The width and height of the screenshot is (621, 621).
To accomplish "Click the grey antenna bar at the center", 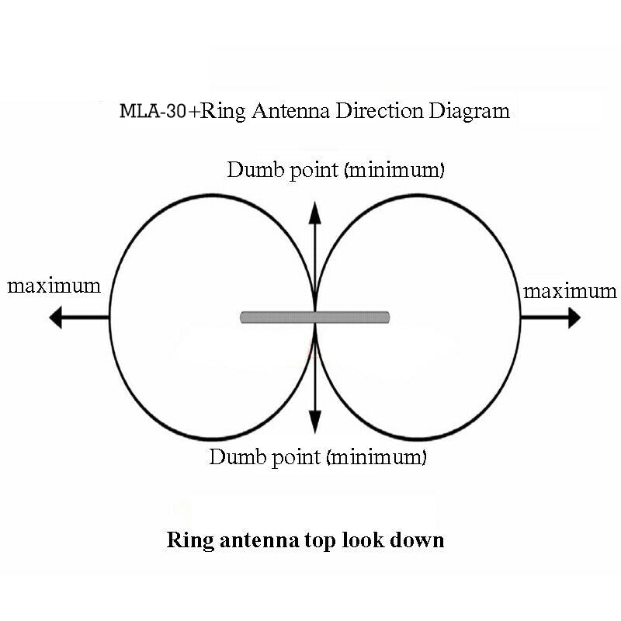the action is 315,317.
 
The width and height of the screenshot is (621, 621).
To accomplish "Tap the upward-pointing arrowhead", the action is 315,213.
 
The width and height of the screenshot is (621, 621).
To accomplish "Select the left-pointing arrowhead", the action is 56,317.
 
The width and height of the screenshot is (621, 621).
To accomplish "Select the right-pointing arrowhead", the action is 574,317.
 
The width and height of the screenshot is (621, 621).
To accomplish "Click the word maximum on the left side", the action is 54,286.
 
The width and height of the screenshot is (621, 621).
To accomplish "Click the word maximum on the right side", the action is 570,292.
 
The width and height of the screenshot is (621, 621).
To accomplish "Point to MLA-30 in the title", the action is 153,110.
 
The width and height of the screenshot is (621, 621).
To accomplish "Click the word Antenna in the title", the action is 290,110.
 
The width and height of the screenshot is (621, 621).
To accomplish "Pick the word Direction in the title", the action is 380,110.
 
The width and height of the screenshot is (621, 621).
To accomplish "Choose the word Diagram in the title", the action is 470,111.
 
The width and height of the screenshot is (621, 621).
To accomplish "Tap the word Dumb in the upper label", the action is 255,169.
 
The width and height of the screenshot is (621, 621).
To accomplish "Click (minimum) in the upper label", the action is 395,170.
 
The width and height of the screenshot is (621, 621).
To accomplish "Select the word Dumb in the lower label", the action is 238,456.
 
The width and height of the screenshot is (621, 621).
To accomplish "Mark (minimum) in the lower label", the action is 376,457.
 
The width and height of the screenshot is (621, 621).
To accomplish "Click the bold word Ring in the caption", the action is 190,540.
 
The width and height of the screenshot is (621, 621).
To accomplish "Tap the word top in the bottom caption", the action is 321,542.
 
